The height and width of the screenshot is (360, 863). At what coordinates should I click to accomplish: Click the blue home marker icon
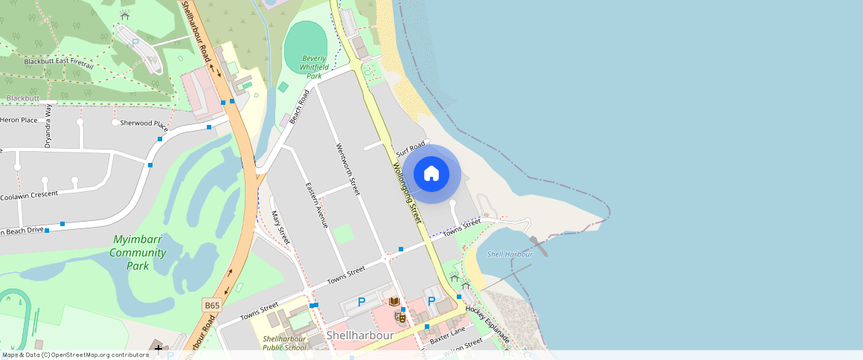[431, 174]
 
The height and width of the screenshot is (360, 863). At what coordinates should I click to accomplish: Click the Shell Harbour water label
[510, 254]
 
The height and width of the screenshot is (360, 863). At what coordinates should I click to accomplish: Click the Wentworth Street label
[347, 169]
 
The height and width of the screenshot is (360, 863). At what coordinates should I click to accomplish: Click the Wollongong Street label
[407, 192]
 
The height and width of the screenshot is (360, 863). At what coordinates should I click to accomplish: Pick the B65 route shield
[212, 305]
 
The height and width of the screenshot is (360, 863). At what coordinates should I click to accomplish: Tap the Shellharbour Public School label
[284, 343]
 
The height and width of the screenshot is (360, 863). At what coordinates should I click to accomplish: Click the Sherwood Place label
[144, 122]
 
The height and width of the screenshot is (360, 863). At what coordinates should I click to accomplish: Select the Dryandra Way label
[48, 126]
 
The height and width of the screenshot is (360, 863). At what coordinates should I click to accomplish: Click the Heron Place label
[19, 120]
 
